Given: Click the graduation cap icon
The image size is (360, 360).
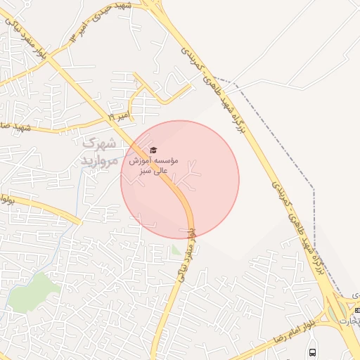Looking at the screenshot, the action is (x=153, y=150).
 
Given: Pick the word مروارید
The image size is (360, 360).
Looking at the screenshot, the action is (x=98, y=160).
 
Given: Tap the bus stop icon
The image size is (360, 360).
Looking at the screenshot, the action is (x=312, y=352).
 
